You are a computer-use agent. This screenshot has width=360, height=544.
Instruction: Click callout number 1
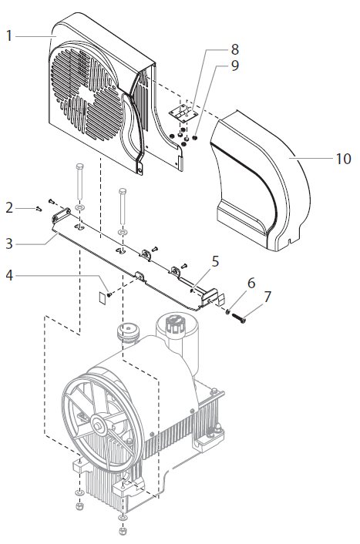pyautogui.click(x=9, y=35)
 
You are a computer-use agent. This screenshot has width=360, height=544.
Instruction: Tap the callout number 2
pyautogui.click(x=9, y=207)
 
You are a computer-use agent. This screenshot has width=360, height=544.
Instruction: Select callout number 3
pyautogui.click(x=9, y=243)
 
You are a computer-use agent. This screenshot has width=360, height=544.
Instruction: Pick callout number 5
pyautogui.click(x=215, y=260)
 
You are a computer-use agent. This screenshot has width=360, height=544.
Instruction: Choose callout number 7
pyautogui.click(x=267, y=297)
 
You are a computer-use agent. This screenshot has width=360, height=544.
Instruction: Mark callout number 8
pyautogui.click(x=234, y=49)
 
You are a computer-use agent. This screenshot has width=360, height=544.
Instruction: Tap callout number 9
pyautogui.click(x=234, y=65)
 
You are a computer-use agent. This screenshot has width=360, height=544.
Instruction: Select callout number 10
pyautogui.click(x=343, y=160)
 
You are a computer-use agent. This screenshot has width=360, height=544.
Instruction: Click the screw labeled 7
pyautogui.click(x=237, y=316)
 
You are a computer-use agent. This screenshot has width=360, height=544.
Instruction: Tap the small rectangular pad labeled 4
pyautogui.click(x=103, y=292)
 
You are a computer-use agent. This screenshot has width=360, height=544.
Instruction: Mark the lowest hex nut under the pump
pyautogui.click(x=123, y=532)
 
